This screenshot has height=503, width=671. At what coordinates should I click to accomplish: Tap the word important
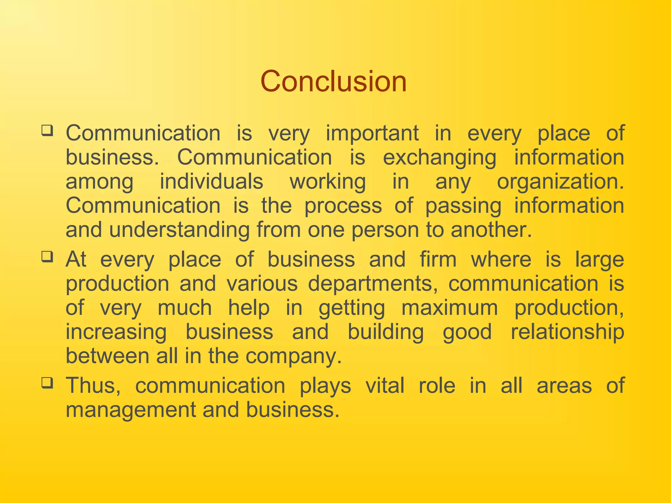point(372,134)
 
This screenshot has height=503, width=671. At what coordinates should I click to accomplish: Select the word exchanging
point(440,158)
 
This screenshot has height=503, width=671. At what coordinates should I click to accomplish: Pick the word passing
point(463,206)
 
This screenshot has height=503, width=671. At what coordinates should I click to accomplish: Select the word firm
point(438,259)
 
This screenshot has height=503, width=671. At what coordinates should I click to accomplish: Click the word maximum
point(450,308)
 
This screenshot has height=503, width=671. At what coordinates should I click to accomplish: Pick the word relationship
point(567,332)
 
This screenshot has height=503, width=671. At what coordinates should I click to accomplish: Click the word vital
point(385,385)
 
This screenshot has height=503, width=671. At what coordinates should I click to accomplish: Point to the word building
point(386,332)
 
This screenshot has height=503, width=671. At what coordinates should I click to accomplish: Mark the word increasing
point(116,332)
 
